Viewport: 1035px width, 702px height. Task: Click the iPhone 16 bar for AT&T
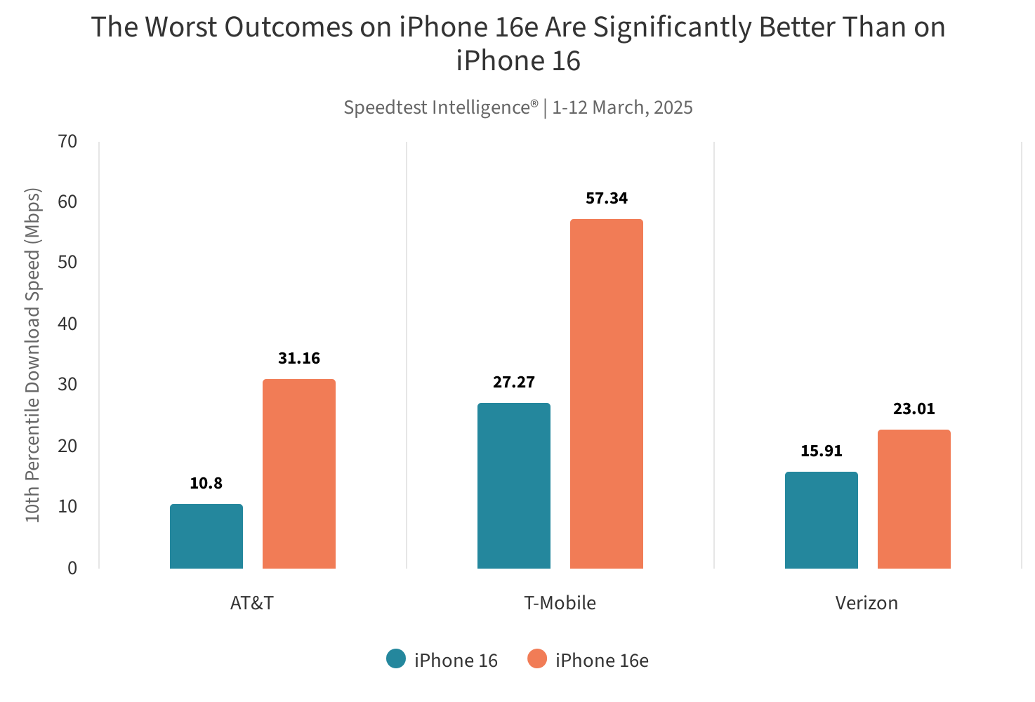point(206,536)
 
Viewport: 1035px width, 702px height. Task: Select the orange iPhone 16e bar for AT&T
point(298,474)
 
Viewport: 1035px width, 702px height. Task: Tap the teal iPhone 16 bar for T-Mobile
point(513,486)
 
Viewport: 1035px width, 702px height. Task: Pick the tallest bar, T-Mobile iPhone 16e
point(606,394)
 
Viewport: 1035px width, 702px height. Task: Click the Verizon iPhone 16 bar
point(821,520)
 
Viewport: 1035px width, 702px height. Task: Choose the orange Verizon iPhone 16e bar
point(914,499)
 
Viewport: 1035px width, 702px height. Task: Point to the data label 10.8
point(206,483)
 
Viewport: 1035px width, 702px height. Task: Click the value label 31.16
point(298,358)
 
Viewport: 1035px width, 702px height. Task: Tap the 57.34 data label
point(606,198)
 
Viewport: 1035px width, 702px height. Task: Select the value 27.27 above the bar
point(513,382)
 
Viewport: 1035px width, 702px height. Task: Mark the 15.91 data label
point(821,451)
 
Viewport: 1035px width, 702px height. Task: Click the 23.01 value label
point(914,409)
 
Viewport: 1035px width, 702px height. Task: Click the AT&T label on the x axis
point(251,603)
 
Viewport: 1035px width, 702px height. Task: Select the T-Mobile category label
point(560,603)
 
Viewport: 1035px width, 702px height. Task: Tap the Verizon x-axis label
point(866,603)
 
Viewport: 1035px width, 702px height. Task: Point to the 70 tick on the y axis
point(67,141)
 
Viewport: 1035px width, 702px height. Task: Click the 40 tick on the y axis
point(67,324)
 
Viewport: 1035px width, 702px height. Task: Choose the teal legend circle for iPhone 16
point(396,659)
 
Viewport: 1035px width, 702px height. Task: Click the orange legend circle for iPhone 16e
point(537,659)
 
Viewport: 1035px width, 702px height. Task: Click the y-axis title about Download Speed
point(33,355)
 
